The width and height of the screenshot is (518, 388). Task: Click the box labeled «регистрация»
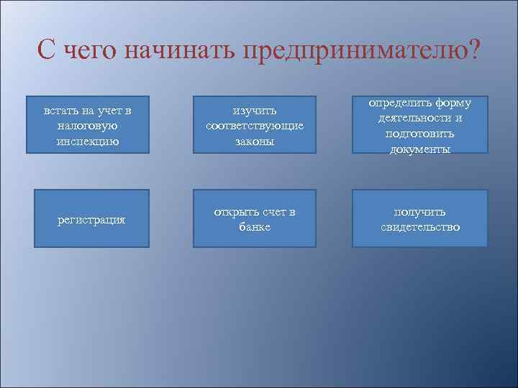pyautogui.click(x=87, y=219)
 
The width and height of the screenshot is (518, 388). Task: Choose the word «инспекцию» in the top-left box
pyautogui.click(x=87, y=140)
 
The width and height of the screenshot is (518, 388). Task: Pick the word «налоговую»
pyautogui.click(x=87, y=125)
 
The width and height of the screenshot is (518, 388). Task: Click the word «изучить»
pyautogui.click(x=254, y=111)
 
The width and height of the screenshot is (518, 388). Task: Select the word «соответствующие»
pyautogui.click(x=254, y=126)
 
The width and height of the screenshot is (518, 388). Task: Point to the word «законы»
pyautogui.click(x=254, y=141)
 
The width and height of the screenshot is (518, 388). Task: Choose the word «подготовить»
pyautogui.click(x=419, y=134)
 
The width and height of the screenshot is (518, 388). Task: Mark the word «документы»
pyautogui.click(x=419, y=149)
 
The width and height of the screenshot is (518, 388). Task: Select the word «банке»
pyautogui.click(x=254, y=227)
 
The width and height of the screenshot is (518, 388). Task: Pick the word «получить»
pyautogui.click(x=419, y=212)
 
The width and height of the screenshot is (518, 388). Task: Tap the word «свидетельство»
pyautogui.click(x=419, y=228)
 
